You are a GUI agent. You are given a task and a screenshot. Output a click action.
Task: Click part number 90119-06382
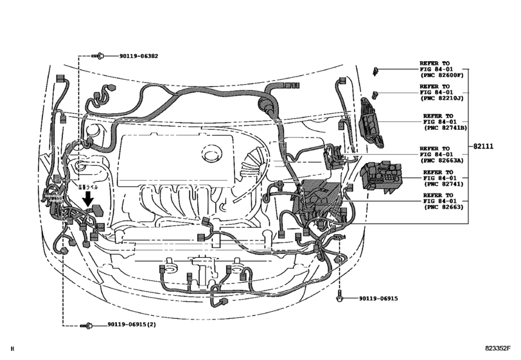[138, 57]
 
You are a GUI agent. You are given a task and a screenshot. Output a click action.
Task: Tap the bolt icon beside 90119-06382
[102, 57]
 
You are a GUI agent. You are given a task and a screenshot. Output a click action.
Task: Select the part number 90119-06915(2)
[125, 327]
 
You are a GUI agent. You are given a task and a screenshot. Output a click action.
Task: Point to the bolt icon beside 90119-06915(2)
[85, 327]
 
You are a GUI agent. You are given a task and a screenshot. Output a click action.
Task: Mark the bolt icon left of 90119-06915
[339, 299]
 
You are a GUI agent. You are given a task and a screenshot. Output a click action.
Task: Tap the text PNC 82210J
[441, 100]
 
